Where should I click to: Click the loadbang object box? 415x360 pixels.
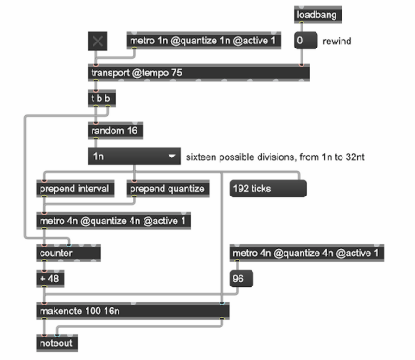click(318, 15)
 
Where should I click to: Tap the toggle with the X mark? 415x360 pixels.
click(98, 42)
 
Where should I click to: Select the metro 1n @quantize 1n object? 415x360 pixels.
click(204, 41)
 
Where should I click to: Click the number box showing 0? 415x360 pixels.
click(305, 41)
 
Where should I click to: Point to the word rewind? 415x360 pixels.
click(336, 42)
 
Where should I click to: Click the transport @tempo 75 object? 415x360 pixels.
click(199, 73)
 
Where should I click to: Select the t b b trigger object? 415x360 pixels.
click(102, 99)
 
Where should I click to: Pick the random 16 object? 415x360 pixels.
click(115, 131)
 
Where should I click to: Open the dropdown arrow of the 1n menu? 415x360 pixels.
click(172, 157)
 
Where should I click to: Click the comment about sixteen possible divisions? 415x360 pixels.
click(275, 157)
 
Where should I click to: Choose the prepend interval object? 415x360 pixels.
click(75, 189)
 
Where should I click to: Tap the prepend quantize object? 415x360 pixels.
click(168, 189)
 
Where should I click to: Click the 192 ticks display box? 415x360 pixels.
click(268, 189)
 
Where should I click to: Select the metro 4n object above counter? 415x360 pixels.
click(113, 222)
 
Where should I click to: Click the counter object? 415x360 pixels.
click(68, 254)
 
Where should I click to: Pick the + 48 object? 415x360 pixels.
click(50, 279)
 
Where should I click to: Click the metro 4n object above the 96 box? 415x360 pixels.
click(307, 254)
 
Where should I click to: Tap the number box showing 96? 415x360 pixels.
click(241, 279)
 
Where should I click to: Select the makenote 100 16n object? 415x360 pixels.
click(133, 312)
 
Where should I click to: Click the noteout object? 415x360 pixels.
click(57, 344)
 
